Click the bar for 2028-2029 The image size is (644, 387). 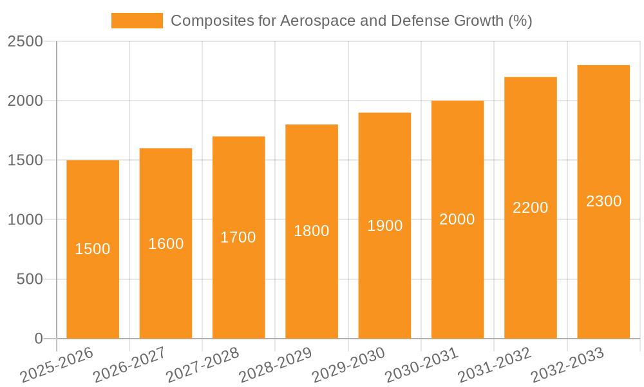coord(312,284)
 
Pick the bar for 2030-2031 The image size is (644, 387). coord(457,277)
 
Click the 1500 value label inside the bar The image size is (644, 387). coord(93,249)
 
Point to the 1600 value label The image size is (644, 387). coord(166,244)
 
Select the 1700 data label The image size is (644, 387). coord(238,237)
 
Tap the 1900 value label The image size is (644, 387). coord(384,226)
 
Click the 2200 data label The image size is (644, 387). coord(531,208)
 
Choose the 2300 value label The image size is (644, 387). coord(603,201)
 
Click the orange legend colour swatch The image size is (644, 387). coord(137,21)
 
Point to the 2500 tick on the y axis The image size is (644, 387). coord(25,42)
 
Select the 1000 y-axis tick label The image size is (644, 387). coord(25,220)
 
